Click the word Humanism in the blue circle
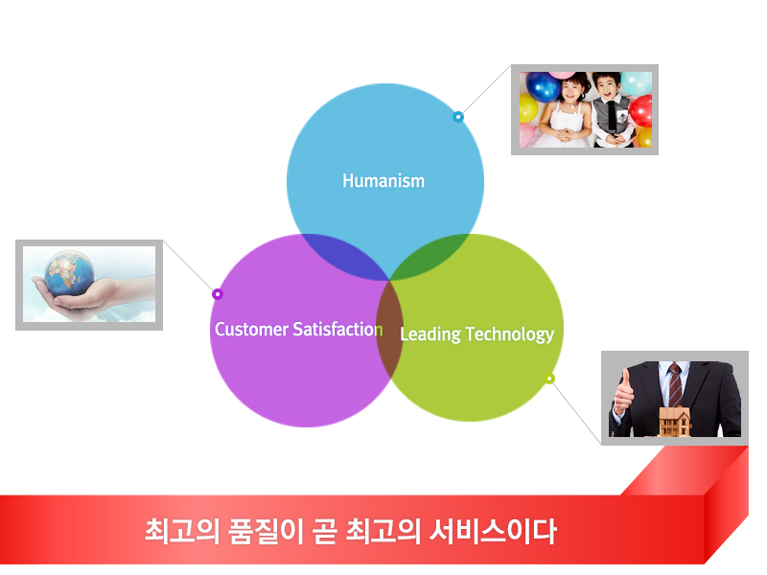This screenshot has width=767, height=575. click(x=383, y=181)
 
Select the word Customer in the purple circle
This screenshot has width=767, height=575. click(x=251, y=329)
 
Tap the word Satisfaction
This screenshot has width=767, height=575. click(x=337, y=329)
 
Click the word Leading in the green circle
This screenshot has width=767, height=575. click(x=430, y=334)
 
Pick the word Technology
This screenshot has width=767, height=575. click(x=510, y=334)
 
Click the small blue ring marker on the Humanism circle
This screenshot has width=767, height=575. click(x=458, y=117)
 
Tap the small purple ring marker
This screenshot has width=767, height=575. click(x=218, y=294)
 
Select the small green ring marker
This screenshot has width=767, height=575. click(x=549, y=379)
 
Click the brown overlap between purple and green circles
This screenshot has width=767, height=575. click(x=389, y=329)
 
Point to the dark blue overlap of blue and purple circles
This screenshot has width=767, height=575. click(x=345, y=254)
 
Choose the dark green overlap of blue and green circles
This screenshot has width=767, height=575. click(x=430, y=255)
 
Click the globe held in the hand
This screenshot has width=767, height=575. click(x=69, y=273)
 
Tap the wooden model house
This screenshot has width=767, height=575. click(x=675, y=422)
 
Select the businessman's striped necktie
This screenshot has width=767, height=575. click(x=675, y=385)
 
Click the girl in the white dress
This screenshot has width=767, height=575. click(x=568, y=113)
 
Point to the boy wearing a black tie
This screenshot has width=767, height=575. click(x=612, y=111)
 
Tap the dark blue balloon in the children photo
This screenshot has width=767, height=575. click(x=542, y=87)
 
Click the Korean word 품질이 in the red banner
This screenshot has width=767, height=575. click(x=267, y=532)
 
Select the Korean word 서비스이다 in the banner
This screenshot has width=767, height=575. click(x=493, y=532)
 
